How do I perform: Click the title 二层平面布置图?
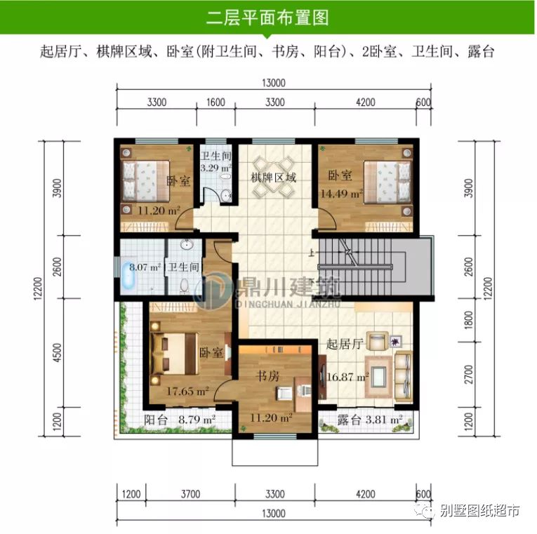click(x=269, y=17)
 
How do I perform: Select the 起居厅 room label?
click(x=344, y=345)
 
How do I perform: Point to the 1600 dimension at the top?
click(x=216, y=102)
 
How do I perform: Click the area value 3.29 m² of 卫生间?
click(x=216, y=168)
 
